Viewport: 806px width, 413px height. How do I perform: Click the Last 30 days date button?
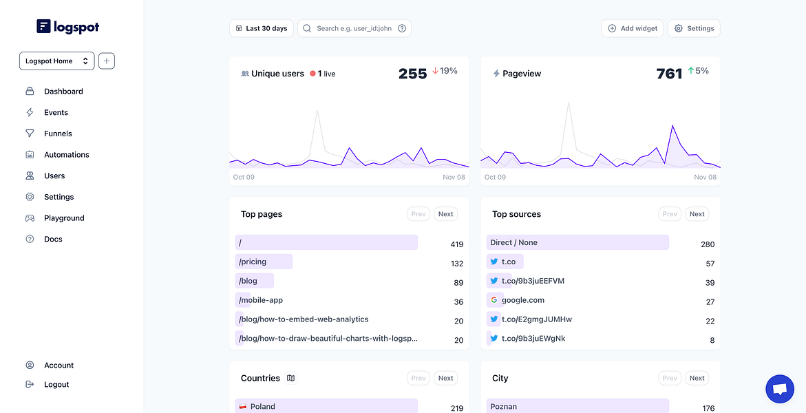coord(262,28)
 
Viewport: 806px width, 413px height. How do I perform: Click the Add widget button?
coord(633,28)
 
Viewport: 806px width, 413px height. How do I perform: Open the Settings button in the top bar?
coord(694,28)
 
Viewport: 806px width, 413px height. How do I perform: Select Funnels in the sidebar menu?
coord(58,134)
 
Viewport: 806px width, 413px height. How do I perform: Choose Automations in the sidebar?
coord(66,154)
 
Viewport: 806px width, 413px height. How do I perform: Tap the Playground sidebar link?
coord(64,218)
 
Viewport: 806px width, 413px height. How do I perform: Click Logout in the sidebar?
coord(56,384)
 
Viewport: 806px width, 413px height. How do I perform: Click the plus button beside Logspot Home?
coord(107,61)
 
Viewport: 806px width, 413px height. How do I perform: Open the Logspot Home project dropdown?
coord(56,61)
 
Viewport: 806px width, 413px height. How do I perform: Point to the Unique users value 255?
coord(413,74)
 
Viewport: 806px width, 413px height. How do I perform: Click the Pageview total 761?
coord(669,74)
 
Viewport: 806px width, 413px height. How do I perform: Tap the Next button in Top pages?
coord(445,214)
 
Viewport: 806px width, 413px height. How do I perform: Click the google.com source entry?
coord(523,300)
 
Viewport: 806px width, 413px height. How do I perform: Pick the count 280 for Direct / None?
coord(708,244)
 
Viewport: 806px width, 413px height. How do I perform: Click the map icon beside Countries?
coord(291,378)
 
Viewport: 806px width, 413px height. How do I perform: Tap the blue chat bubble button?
coord(780,390)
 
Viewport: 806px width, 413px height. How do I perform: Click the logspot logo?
coord(68,26)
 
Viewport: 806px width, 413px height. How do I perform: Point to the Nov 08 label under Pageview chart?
coord(705,177)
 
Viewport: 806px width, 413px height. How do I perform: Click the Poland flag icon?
coord(243,406)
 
